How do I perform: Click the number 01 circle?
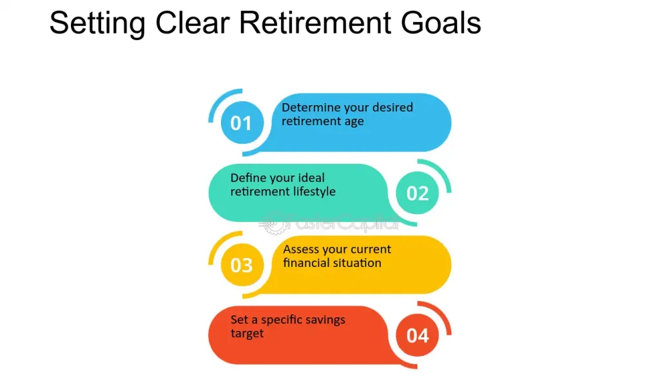(241, 123)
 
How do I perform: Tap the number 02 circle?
(417, 193)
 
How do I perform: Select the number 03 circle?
(241, 264)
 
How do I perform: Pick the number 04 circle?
(417, 335)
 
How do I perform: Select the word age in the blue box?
(353, 121)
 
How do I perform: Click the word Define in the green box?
(247, 177)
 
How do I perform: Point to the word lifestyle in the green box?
(310, 192)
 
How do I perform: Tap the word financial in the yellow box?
(306, 262)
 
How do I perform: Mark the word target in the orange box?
(247, 334)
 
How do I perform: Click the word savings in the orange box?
(327, 320)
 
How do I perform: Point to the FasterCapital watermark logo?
(329, 224)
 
